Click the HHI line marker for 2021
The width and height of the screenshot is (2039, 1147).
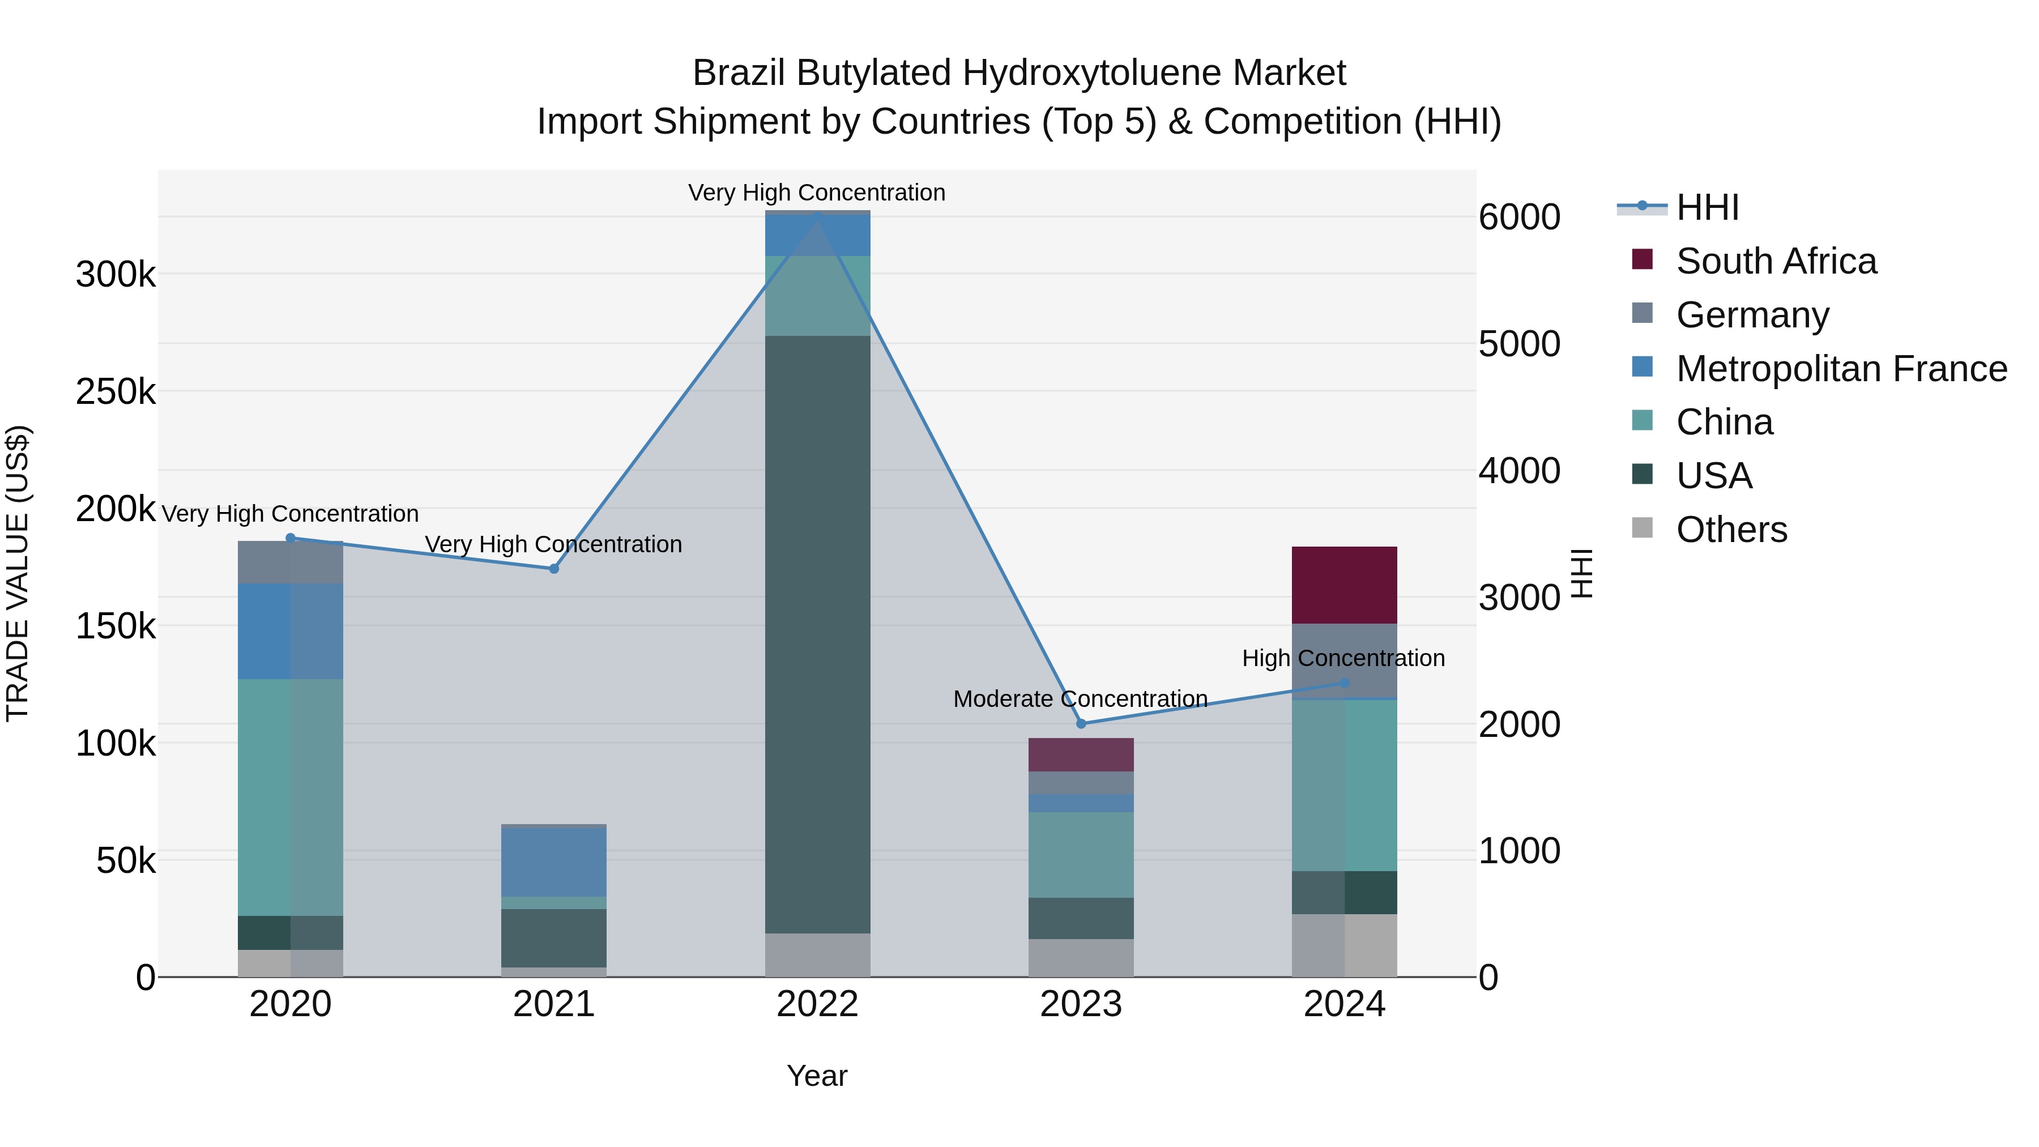pyautogui.click(x=554, y=568)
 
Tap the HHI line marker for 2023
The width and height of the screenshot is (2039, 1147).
pyautogui.click(x=1081, y=723)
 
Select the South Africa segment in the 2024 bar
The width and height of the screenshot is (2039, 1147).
pyautogui.click(x=1344, y=585)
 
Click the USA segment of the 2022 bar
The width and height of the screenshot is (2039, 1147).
pyautogui.click(x=818, y=633)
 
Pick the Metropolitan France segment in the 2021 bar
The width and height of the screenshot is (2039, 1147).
pyautogui.click(x=554, y=861)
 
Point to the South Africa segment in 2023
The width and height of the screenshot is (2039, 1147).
pyautogui.click(x=1081, y=754)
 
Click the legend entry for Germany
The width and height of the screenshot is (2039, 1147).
pyautogui.click(x=1752, y=315)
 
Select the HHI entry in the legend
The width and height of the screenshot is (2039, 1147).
pyautogui.click(x=1707, y=207)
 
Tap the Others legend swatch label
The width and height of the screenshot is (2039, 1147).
pyautogui.click(x=1731, y=530)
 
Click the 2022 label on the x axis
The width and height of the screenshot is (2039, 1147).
pyautogui.click(x=818, y=1004)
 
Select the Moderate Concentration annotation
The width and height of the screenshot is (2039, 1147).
pyautogui.click(x=1081, y=699)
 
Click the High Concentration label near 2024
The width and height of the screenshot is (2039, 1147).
pyautogui.click(x=1343, y=658)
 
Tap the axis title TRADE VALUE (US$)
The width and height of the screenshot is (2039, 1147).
pyautogui.click(x=18, y=573)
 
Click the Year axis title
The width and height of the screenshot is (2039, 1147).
pyautogui.click(x=817, y=1076)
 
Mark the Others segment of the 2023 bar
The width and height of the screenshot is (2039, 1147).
pyautogui.click(x=1081, y=958)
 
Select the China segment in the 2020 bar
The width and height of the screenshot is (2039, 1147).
pyautogui.click(x=291, y=797)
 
